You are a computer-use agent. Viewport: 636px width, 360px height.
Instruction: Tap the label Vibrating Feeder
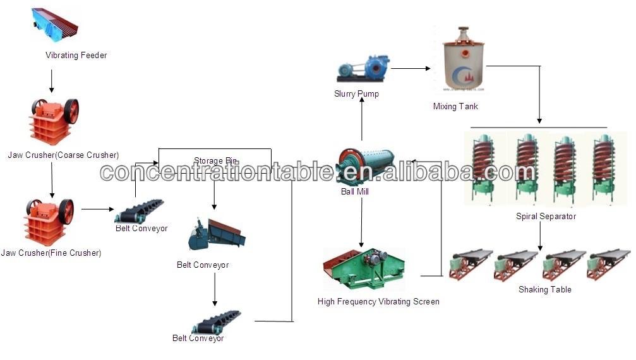(76, 56)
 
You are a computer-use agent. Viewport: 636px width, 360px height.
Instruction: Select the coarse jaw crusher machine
(54, 121)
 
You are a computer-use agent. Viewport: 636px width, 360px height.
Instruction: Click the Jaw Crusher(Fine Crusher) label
(51, 253)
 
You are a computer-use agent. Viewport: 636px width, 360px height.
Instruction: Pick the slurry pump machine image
(363, 69)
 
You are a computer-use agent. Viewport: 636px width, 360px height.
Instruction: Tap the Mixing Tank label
(455, 106)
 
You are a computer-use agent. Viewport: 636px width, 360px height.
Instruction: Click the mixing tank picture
(464, 61)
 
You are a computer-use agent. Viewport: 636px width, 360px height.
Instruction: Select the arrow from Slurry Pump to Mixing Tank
(410, 68)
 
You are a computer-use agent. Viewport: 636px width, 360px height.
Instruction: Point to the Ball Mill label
(354, 191)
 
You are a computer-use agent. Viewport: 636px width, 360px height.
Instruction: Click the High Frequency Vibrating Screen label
(378, 302)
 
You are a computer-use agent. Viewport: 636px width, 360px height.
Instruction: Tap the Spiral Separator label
(546, 217)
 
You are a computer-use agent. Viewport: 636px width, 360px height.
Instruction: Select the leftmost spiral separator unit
(484, 167)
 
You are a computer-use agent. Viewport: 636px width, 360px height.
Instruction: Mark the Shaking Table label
(545, 290)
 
